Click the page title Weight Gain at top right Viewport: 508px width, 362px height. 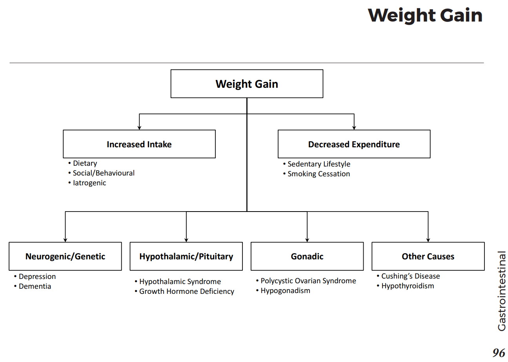tap(425, 16)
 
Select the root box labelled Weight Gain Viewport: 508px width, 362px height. tap(247, 84)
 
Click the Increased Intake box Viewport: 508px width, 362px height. tap(139, 144)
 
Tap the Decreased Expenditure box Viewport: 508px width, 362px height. tap(354, 144)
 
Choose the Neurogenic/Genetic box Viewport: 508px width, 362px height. tap(65, 256)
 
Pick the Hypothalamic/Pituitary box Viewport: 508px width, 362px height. tap(186, 256)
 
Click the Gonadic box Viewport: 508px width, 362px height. tap(307, 256)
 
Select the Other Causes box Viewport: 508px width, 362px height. tap(428, 256)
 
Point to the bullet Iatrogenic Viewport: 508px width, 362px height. tap(89, 183)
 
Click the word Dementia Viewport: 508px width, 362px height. tap(35, 286)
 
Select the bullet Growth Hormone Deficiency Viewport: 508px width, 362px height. tap(186, 291)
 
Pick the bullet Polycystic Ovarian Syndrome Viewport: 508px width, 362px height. tap(308, 281)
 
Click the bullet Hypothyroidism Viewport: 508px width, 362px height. tap(408, 286)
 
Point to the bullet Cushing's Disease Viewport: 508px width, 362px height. tap(410, 276)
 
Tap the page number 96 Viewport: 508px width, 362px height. tap(499, 353)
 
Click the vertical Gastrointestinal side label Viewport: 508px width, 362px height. tap(502, 291)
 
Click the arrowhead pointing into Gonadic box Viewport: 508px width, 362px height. tap(307, 240)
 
